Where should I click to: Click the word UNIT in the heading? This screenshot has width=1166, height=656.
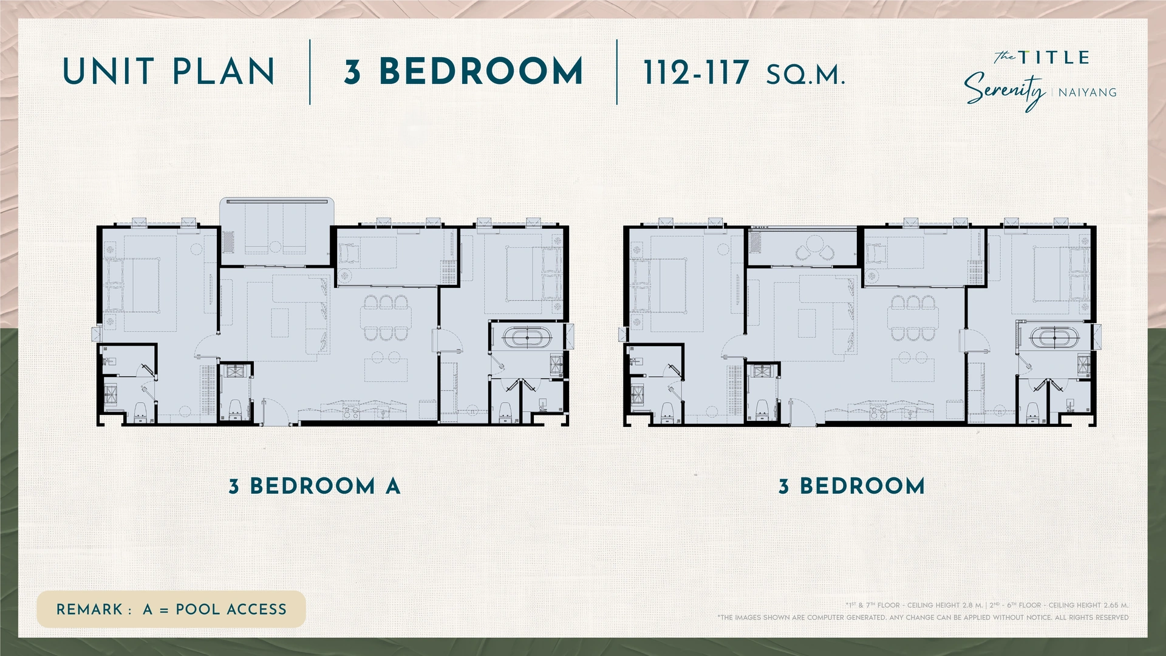109,72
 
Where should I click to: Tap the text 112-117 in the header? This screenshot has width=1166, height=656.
696,73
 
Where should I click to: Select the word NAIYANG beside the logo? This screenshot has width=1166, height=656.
1087,93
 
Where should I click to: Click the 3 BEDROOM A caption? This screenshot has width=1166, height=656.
315,486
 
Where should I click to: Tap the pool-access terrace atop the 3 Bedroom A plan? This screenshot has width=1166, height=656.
276,231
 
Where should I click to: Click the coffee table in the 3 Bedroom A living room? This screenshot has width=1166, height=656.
280,323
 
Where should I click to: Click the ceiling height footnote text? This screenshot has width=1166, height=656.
987,605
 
